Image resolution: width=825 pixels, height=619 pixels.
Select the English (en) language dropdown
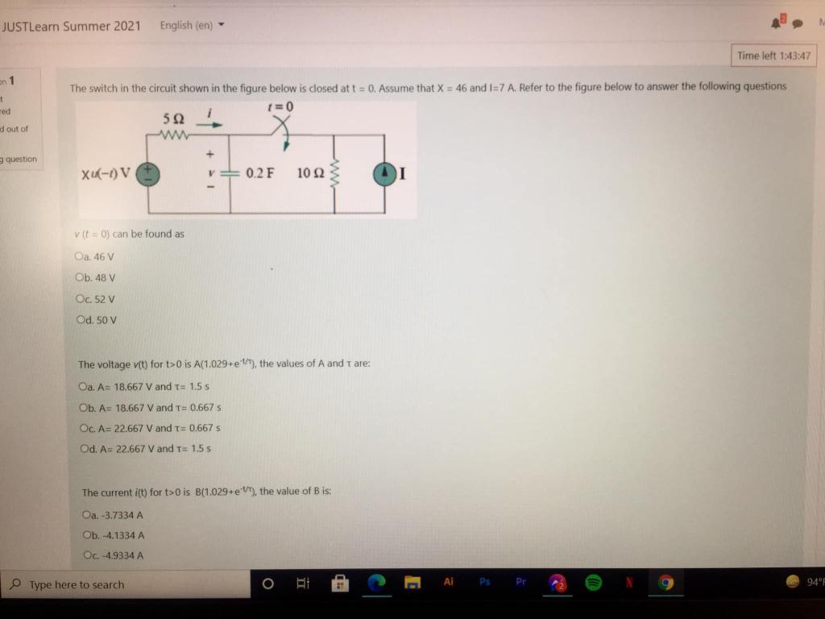(x=191, y=25)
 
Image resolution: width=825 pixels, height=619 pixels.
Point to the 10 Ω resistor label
(x=310, y=173)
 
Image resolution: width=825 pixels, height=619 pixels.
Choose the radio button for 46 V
(x=78, y=256)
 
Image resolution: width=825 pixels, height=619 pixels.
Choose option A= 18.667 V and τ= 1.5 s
(x=84, y=386)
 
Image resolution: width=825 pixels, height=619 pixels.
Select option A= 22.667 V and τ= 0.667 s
(x=85, y=428)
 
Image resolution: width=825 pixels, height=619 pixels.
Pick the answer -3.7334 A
(x=87, y=514)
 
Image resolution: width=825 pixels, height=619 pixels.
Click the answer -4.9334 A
(x=88, y=555)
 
